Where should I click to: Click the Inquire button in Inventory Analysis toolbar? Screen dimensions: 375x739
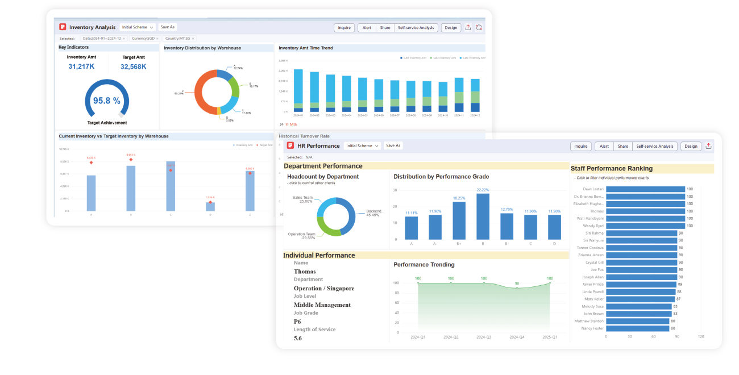coord(344,27)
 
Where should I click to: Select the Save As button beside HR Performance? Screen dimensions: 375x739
coord(393,145)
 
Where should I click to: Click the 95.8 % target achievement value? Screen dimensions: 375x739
coord(107,101)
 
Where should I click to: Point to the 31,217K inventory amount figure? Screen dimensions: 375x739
coord(81,66)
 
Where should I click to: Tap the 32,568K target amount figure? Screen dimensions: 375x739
coord(133,66)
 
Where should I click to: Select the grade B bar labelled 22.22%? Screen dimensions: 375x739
coord(483,216)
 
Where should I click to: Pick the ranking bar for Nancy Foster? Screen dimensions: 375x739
coord(637,328)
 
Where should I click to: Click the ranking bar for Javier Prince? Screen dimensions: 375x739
coord(641,284)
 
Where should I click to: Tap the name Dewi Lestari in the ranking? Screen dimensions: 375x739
coord(593,189)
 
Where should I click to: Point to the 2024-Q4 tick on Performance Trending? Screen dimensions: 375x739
coord(517,337)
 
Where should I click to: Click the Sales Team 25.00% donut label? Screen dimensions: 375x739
coord(302,199)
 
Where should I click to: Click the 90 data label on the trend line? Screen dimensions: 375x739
coord(517,283)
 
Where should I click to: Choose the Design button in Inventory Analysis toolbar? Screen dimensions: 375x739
coord(451,27)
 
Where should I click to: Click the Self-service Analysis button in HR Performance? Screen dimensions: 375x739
coord(654,146)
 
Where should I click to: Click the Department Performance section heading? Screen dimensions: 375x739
coord(323,166)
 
